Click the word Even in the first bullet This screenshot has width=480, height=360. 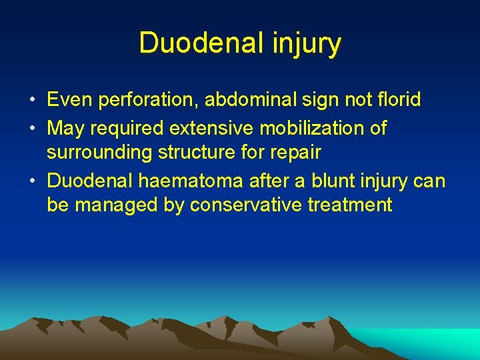point(68,100)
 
